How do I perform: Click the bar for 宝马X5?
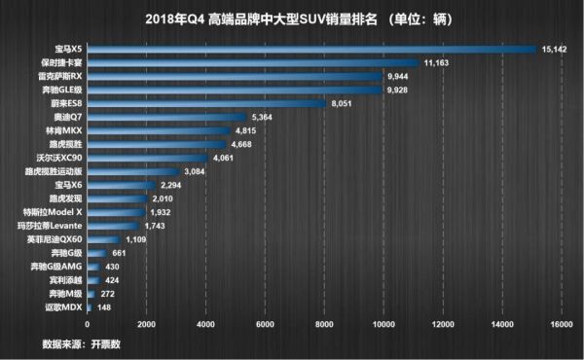(311, 50)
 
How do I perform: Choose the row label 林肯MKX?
(65, 129)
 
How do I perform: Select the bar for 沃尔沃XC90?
(147, 157)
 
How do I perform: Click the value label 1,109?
(135, 238)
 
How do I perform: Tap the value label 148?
(106, 306)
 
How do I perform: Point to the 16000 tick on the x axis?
(560, 324)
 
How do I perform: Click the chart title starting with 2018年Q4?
(292, 18)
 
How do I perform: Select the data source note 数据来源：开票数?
(84, 343)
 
